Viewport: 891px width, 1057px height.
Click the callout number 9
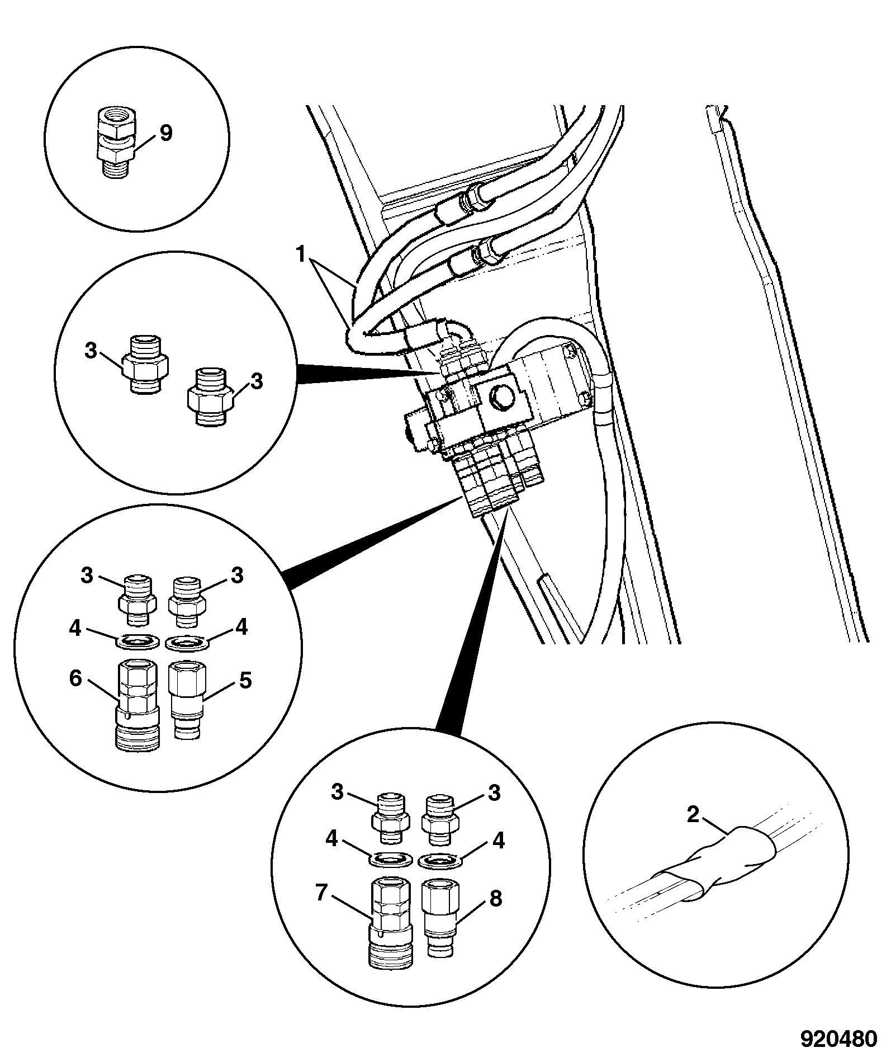tap(167, 134)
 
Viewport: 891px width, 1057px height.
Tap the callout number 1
tap(301, 255)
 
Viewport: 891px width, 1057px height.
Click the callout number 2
tap(693, 815)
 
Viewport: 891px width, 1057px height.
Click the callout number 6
tap(76, 679)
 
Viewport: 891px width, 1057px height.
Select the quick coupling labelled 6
tap(137, 706)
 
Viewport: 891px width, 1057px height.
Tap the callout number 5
tap(245, 680)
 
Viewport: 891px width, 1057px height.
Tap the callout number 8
tap(495, 898)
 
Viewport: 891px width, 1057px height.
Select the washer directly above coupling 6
tap(137, 641)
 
